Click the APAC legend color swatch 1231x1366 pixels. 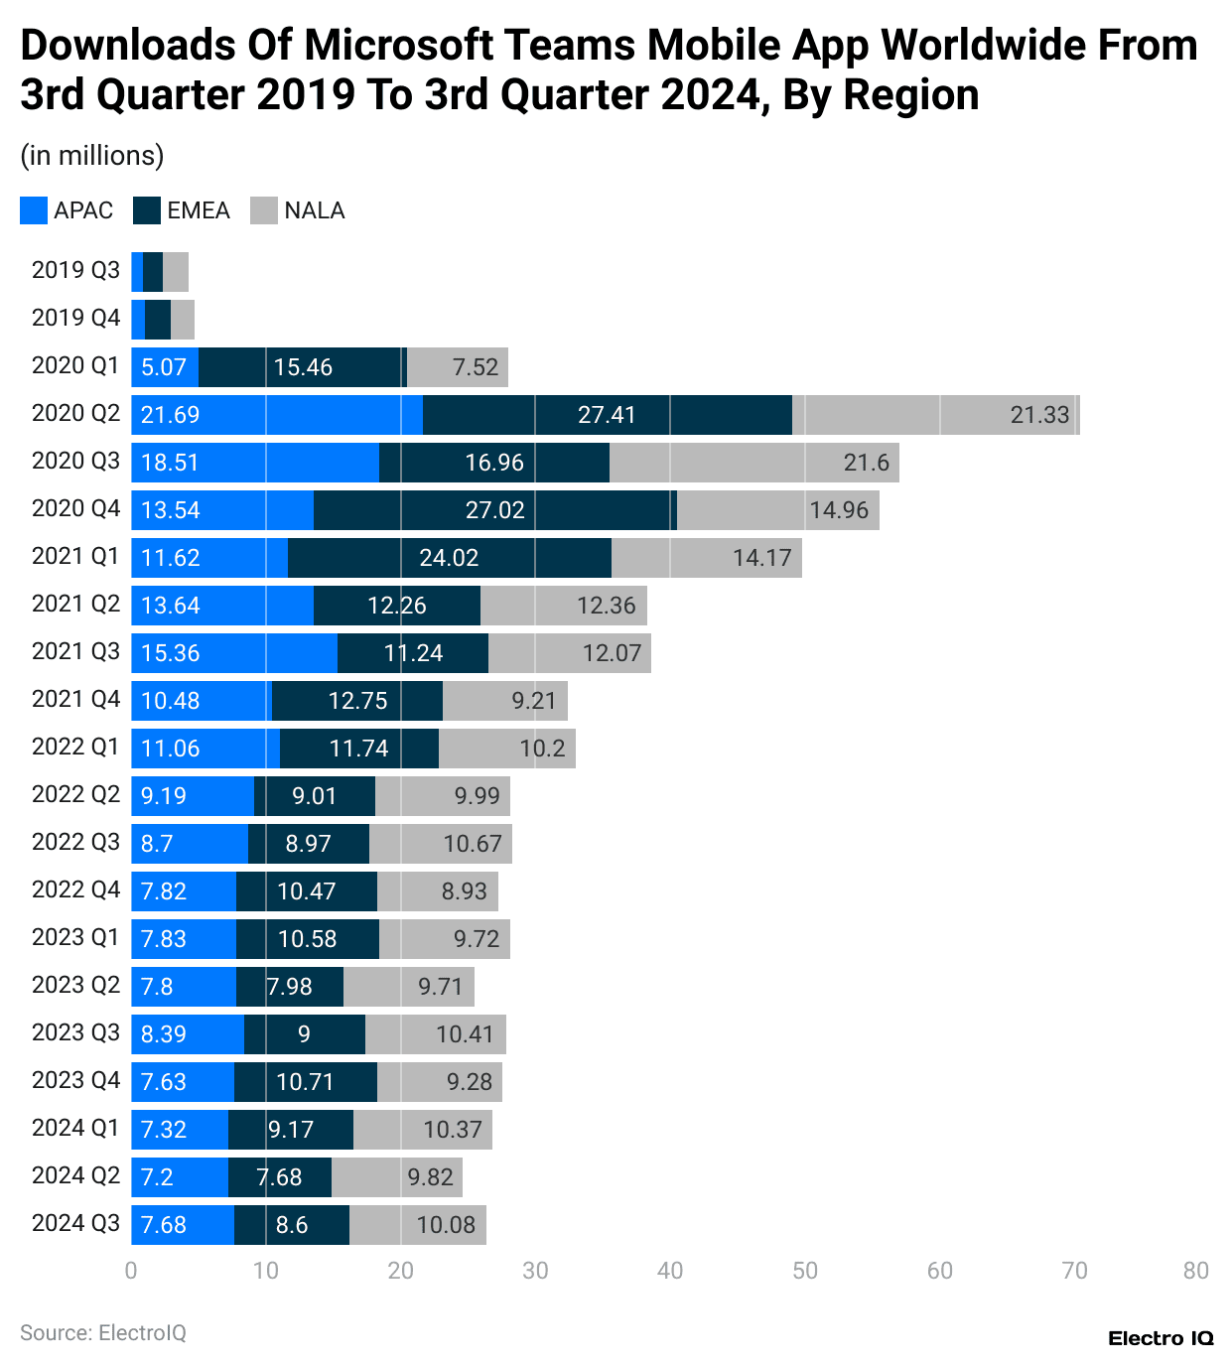point(34,210)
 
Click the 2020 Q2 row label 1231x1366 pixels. point(75,413)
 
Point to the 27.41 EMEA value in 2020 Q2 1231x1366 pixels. point(607,415)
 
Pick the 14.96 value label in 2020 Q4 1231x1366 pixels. point(838,510)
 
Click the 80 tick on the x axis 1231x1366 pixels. point(1196,1271)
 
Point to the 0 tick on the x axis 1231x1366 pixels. point(131,1271)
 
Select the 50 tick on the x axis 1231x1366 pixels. point(805,1271)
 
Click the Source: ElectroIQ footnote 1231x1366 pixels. point(103,1332)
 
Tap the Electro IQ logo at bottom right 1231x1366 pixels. point(1161,1338)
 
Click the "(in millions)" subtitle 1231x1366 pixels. point(92,156)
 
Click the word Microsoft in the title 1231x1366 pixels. point(399,46)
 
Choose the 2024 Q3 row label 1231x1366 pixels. point(75,1223)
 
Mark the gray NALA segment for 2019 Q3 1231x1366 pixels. point(176,272)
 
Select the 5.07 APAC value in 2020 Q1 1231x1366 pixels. point(164,367)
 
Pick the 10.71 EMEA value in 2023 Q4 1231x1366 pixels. point(305,1082)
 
